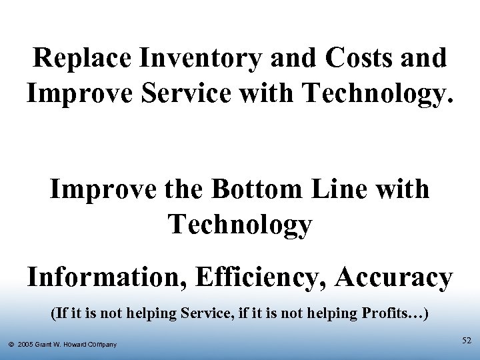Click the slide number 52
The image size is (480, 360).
[x=467, y=341]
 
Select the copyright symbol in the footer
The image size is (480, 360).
[x=11, y=345]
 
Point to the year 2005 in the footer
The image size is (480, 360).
[x=27, y=345]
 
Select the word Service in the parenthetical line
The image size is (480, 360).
[x=204, y=313]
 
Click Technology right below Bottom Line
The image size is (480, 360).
[x=240, y=225]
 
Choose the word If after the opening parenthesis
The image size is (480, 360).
[x=60, y=313]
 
